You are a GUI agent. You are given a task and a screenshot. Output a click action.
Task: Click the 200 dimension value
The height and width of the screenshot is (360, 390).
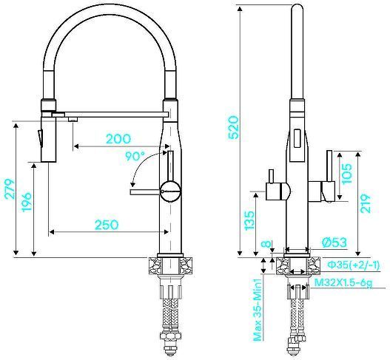pyautogui.click(x=118, y=139)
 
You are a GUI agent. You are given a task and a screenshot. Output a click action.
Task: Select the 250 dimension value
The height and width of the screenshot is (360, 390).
pyautogui.click(x=108, y=224)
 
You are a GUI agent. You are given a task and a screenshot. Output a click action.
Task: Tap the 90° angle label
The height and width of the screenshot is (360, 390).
pyautogui.click(x=135, y=157)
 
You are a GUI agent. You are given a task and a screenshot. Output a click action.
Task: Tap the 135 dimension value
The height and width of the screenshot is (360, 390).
pyautogui.click(x=249, y=220)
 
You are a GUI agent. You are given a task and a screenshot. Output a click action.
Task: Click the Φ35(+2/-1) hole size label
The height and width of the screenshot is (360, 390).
pyautogui.click(x=354, y=265)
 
